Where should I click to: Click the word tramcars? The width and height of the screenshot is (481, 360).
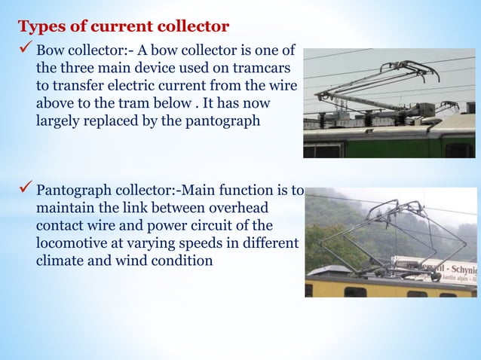265,70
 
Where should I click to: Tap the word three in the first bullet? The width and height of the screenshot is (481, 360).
78,70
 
